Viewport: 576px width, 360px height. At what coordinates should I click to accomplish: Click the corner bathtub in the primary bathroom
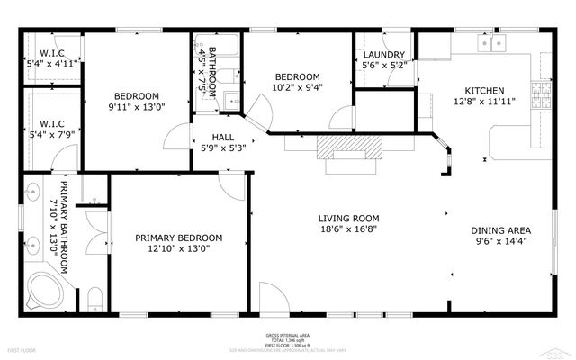pyautogui.click(x=41, y=291)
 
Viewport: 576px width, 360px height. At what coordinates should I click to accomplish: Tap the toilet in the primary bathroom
pyautogui.click(x=96, y=299)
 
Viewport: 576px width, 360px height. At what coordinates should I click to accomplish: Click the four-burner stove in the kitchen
pyautogui.click(x=542, y=93)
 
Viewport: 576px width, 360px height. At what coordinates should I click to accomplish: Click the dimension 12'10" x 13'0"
pyautogui.click(x=178, y=250)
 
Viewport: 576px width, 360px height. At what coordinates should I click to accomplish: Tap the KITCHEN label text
pyautogui.click(x=483, y=90)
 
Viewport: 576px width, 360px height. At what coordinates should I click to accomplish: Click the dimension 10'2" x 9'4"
pyautogui.click(x=297, y=89)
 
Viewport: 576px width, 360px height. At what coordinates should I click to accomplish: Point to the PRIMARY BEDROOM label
pyautogui.click(x=178, y=238)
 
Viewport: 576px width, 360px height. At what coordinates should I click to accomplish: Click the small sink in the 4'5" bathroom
pyautogui.click(x=229, y=100)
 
